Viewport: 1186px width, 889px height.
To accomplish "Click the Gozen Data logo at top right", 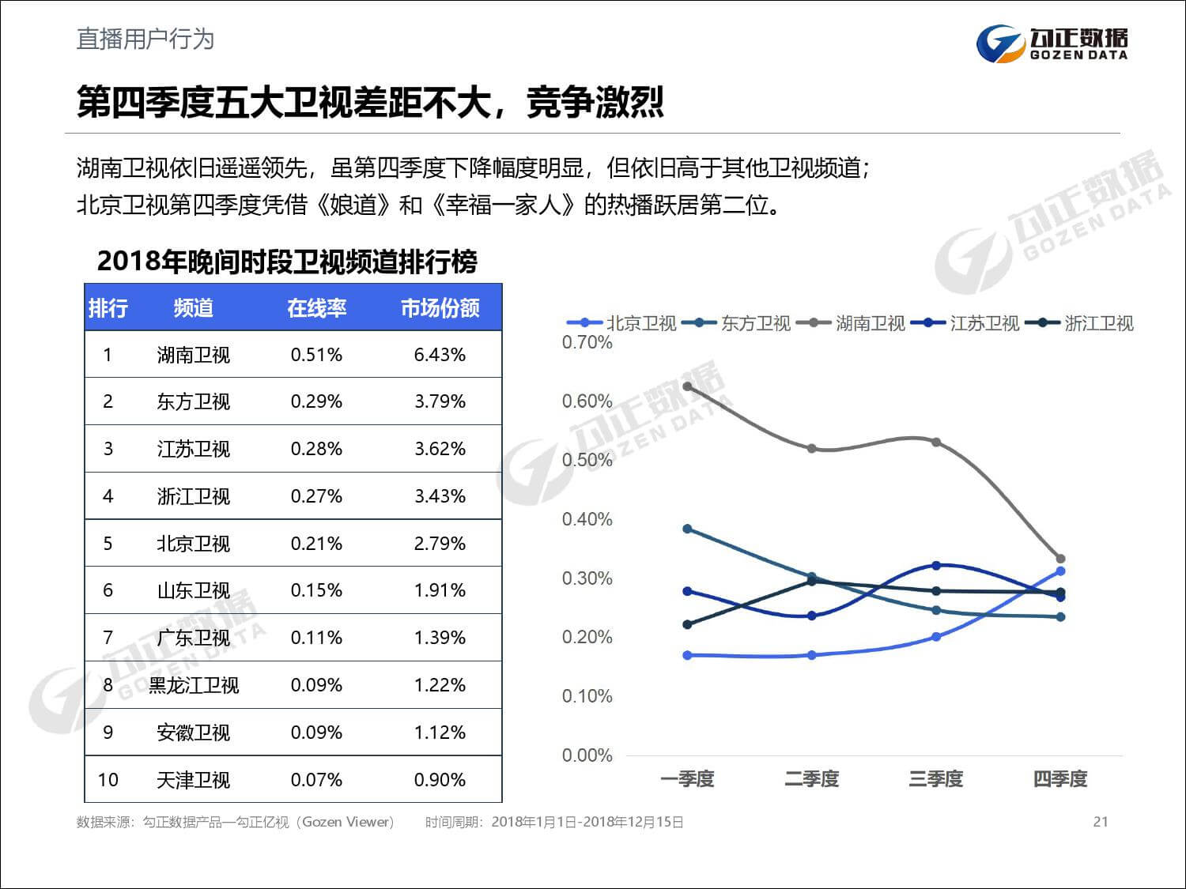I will coord(1052,43).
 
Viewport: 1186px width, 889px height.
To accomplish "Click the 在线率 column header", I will coord(316,307).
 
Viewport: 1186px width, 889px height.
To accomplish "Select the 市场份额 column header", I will coord(440,307).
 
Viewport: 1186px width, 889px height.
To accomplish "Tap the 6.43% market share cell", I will coord(440,355).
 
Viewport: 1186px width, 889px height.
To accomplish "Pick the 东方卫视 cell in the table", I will coord(193,401).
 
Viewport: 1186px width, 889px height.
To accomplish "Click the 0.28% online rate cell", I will coord(316,449).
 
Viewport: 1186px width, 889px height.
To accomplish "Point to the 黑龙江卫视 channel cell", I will coord(193,685).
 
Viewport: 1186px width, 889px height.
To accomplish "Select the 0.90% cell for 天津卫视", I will coord(440,780).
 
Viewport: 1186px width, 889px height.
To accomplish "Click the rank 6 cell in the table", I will coord(108,590).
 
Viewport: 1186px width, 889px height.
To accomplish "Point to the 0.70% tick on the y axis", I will coord(587,342).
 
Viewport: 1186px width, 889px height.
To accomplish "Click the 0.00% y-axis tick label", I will coord(587,755).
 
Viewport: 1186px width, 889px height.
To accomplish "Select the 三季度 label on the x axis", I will coord(936,779).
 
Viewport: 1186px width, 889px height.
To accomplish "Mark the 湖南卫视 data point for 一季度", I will coord(687,386).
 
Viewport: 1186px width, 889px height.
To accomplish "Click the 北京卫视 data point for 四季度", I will coord(1060,571).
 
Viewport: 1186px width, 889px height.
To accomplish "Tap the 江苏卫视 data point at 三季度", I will coord(936,566).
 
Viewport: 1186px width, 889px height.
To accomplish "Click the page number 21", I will coord(1100,822).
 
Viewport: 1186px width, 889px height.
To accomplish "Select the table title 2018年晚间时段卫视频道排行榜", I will coord(287,262).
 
